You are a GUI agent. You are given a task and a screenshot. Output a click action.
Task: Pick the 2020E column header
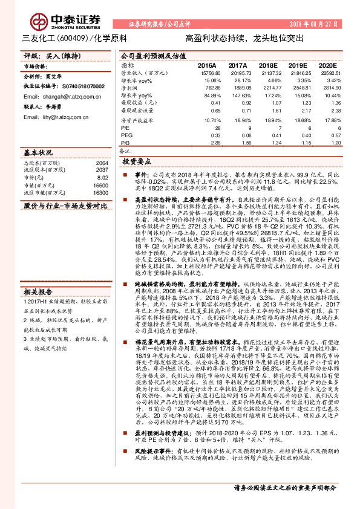(328, 65)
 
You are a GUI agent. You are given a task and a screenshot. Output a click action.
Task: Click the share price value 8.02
(103, 178)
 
